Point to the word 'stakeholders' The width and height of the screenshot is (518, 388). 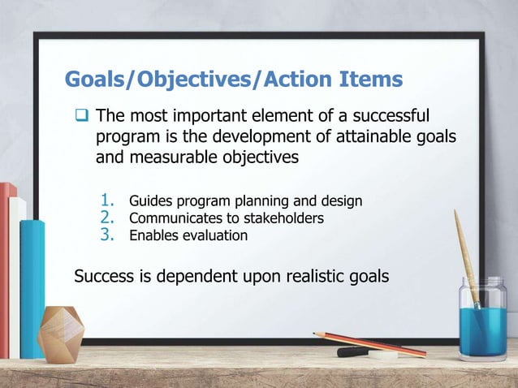pyautogui.click(x=281, y=218)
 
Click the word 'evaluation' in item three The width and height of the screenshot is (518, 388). pyautogui.click(x=214, y=236)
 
